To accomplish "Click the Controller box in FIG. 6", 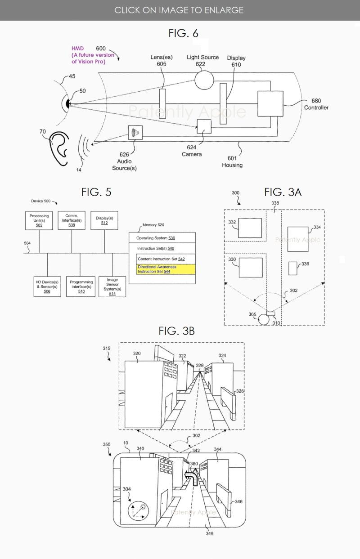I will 270,104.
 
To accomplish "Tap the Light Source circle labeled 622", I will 204,80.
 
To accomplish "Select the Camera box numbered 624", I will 204,127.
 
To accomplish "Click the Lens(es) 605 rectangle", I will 162,103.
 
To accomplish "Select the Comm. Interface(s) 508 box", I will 71,220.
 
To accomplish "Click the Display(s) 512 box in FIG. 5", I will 104,220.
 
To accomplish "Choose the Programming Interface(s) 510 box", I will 81,286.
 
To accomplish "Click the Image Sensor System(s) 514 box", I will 112,286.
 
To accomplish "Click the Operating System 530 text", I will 156,237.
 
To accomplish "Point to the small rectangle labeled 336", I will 293,268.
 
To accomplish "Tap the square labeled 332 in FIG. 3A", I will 250,228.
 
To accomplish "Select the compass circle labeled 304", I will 138,511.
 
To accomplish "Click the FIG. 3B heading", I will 176,331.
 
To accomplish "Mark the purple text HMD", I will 77,49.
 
